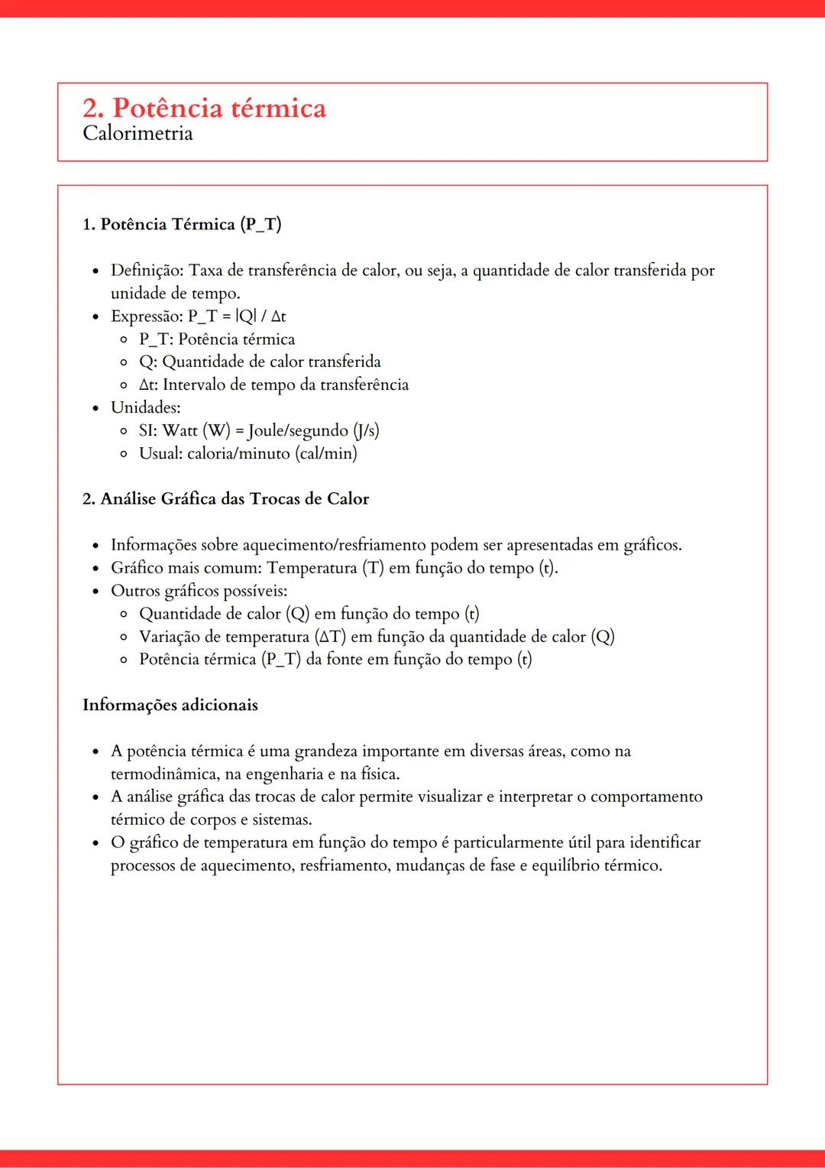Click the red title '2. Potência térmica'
pos(204,108)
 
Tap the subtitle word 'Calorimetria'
pos(137,134)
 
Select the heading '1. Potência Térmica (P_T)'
pos(182,224)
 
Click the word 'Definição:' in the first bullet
pos(147,270)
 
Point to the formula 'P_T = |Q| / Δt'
pos(237,316)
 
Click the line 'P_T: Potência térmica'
pos(216,339)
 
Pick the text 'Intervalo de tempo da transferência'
pos(285,384)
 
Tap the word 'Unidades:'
pos(145,407)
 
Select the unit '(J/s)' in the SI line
pos(366,430)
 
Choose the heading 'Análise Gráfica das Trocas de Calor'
pos(235,499)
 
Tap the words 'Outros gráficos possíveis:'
pos(199,591)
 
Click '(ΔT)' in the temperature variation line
pos(330,637)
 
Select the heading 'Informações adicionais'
pos(170,705)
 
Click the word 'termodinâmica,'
pos(164,774)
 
